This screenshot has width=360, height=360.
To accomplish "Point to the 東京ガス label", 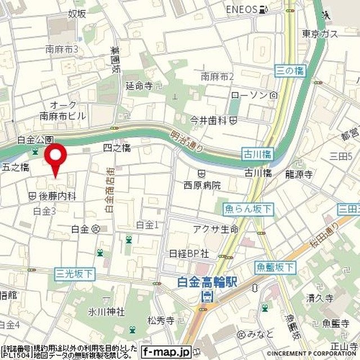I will [320, 34].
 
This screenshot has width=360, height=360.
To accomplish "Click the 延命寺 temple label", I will [139, 86].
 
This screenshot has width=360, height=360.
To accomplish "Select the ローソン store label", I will [250, 96].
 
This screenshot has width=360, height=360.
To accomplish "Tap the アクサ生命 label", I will [215, 229].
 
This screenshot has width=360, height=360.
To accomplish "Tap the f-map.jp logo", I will [166, 352].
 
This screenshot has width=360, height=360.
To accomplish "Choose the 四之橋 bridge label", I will [117, 148].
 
